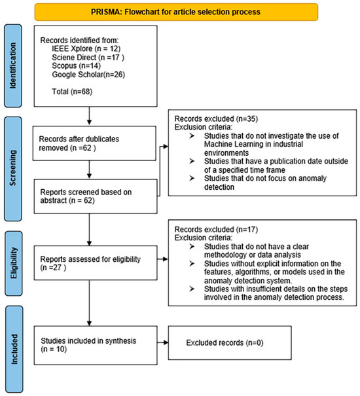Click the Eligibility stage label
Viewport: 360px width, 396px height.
pos(14,262)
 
